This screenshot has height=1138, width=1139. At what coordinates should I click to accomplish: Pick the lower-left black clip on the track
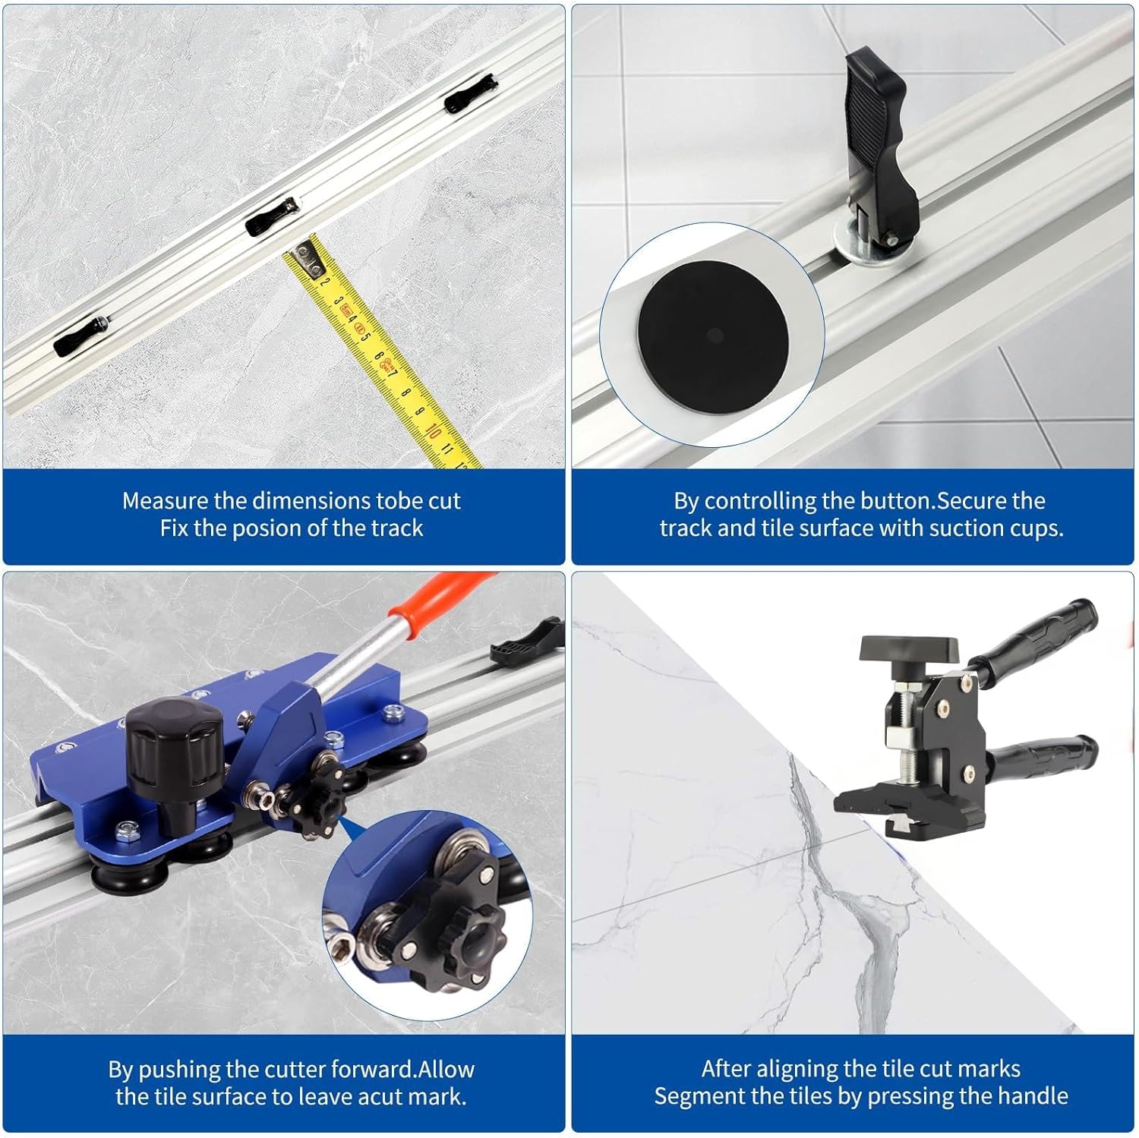[x=80, y=335]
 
